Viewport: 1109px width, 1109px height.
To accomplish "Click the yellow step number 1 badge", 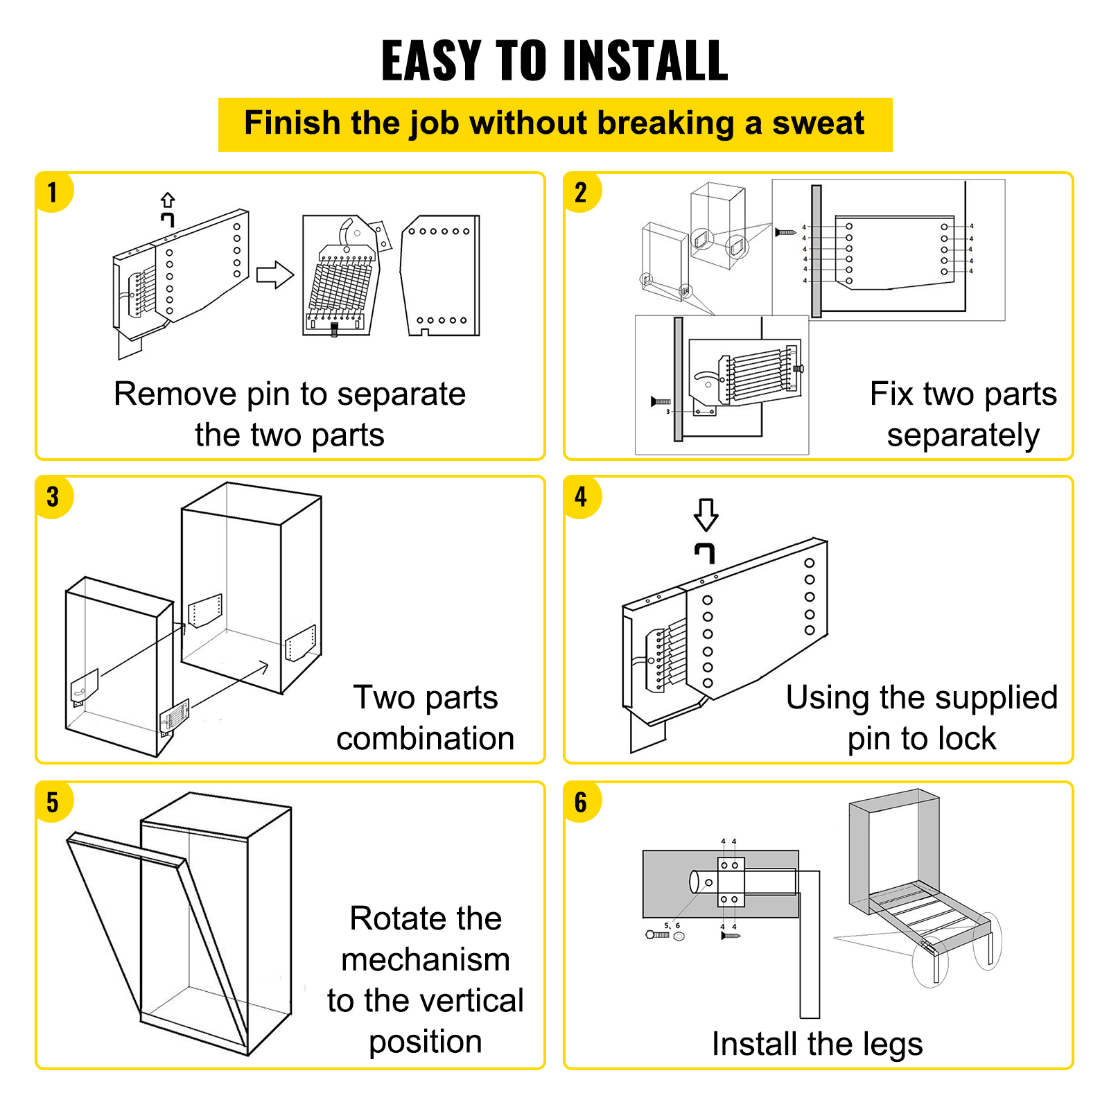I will tap(53, 192).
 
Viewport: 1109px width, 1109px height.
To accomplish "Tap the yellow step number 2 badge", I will tap(581, 192).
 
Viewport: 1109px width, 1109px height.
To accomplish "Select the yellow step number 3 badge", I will tap(53, 497).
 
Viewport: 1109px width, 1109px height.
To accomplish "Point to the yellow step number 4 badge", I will tap(581, 497).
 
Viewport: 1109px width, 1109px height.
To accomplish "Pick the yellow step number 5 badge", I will tap(53, 803).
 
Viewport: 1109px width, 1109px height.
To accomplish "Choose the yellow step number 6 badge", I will tap(581, 803).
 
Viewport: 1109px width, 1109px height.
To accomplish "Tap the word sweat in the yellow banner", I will tap(818, 123).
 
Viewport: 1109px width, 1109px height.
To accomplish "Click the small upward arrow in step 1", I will tap(168, 200).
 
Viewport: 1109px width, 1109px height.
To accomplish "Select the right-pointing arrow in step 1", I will tap(275, 274).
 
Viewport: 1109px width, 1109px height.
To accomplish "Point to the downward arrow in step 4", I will tap(706, 514).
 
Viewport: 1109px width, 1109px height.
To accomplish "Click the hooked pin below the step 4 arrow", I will tap(705, 552).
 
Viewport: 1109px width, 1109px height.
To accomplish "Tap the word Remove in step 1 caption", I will tap(175, 394).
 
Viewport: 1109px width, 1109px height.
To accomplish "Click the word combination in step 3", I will tap(425, 739).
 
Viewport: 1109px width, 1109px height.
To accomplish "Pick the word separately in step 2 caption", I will tap(963, 436).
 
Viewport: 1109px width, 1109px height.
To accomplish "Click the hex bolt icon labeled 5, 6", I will tap(658, 935).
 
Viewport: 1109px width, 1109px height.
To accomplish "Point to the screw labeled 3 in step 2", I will tap(661, 401).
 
